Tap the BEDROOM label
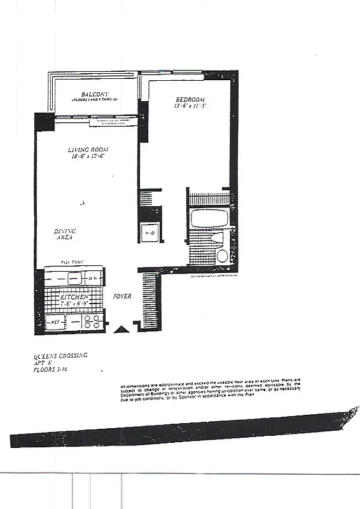click(x=190, y=99)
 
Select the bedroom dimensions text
click(x=189, y=106)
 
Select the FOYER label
click(x=122, y=296)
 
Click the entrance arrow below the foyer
click(x=120, y=329)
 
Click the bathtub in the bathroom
click(x=209, y=219)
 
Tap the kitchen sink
click(x=74, y=277)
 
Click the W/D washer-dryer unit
click(x=151, y=232)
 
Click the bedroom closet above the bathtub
click(x=209, y=199)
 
